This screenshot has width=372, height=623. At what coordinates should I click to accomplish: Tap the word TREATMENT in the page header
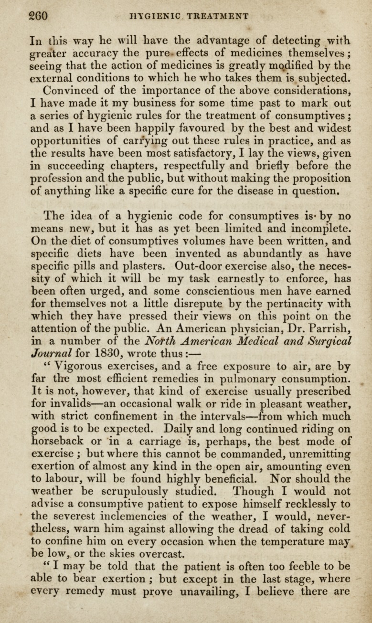(218, 16)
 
